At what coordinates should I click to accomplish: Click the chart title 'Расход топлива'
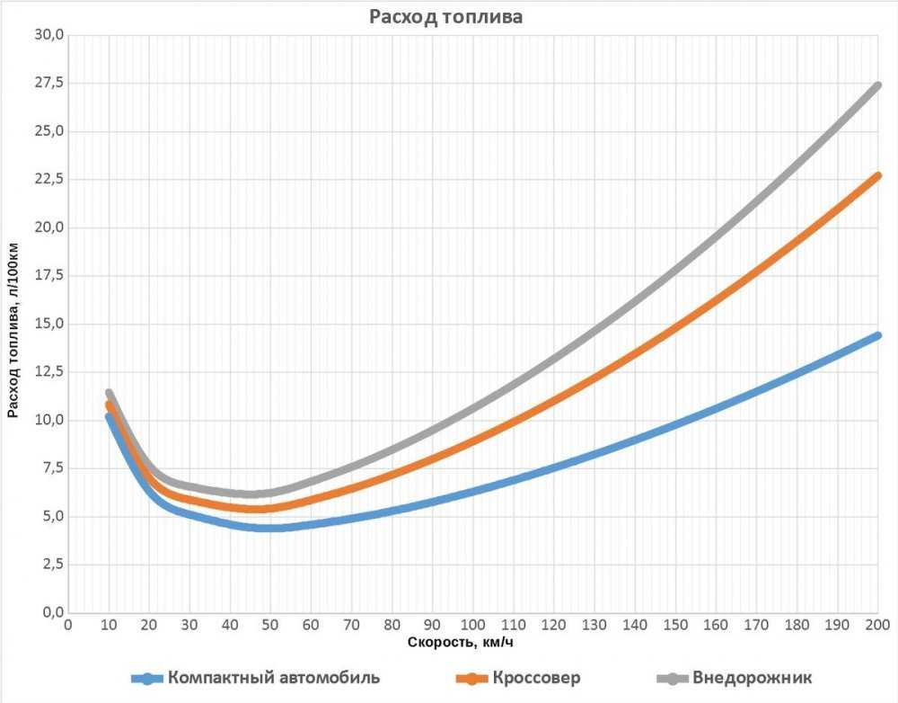point(446,17)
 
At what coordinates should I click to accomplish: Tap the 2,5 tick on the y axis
point(51,565)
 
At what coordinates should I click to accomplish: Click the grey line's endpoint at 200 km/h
point(877,85)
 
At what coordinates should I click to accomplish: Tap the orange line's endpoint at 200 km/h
point(877,175)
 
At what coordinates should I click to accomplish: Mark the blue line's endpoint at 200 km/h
point(877,335)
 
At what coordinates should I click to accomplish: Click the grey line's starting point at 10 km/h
point(109,394)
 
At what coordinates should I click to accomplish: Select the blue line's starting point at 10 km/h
point(109,416)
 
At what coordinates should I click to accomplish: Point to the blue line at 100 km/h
point(472,491)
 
